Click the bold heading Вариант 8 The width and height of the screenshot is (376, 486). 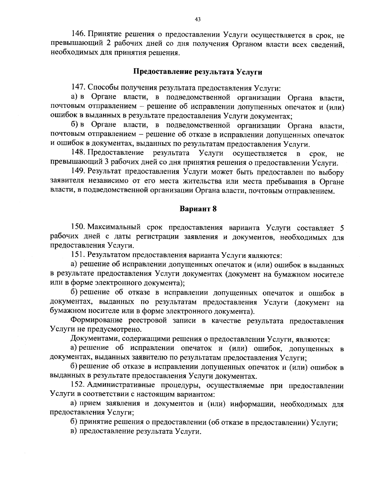click(198, 209)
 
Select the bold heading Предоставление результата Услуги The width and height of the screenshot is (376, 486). click(198, 72)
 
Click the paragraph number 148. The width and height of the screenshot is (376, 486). click(78, 153)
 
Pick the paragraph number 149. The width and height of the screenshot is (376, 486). click(78, 172)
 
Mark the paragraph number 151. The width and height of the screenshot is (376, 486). click(78, 255)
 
